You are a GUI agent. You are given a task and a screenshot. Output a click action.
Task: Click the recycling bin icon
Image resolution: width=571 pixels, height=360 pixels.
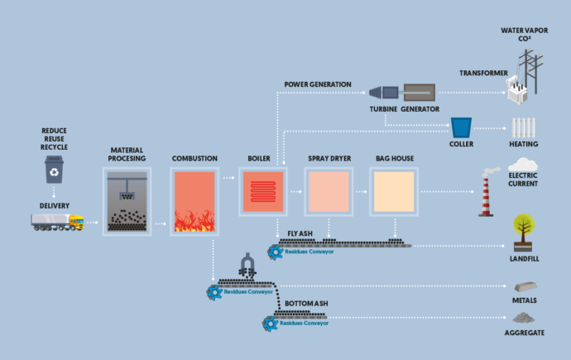[x=54, y=170]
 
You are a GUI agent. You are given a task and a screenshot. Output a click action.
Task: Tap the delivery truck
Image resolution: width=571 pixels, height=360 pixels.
[x=59, y=223]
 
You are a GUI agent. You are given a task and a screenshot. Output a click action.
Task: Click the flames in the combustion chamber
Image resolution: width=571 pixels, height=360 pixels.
[x=194, y=219]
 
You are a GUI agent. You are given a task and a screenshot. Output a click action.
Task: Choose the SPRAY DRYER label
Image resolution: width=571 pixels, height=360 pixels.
[x=327, y=157]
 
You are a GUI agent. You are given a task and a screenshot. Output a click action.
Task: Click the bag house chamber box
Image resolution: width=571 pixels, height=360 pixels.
[x=393, y=193]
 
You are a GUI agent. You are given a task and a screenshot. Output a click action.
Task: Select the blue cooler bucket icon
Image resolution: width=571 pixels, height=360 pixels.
[x=461, y=127]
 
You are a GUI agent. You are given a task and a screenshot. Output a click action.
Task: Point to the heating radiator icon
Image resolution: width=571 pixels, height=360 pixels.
[x=523, y=127]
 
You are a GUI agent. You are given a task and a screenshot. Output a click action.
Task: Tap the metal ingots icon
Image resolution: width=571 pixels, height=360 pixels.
[x=523, y=286]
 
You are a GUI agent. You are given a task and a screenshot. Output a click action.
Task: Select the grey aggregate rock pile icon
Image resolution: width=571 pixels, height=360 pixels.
[x=523, y=317]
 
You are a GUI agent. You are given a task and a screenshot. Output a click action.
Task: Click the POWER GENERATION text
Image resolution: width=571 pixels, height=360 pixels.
[x=318, y=84]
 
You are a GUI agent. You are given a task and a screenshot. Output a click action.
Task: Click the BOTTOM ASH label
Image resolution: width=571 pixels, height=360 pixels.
[x=305, y=305]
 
